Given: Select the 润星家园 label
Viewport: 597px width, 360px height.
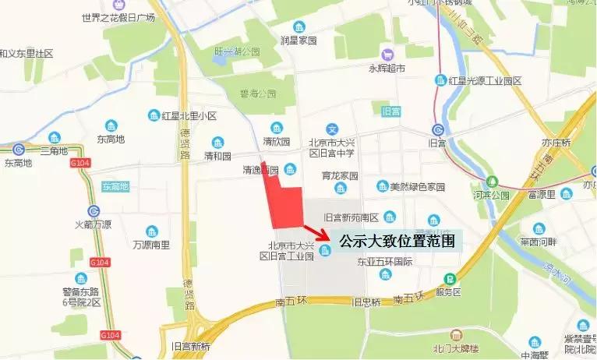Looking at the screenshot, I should point(298,38).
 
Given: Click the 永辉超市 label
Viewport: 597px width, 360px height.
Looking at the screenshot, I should point(387,69).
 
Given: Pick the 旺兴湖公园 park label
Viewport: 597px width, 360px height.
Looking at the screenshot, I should point(237,51).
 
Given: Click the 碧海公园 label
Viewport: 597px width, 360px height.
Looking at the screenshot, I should point(258,93).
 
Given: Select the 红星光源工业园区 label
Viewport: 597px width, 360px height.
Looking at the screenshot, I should point(488,80).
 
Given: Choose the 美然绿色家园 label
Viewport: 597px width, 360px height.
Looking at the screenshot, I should point(417,187).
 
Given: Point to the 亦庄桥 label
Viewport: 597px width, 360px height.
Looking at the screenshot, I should point(556,143).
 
